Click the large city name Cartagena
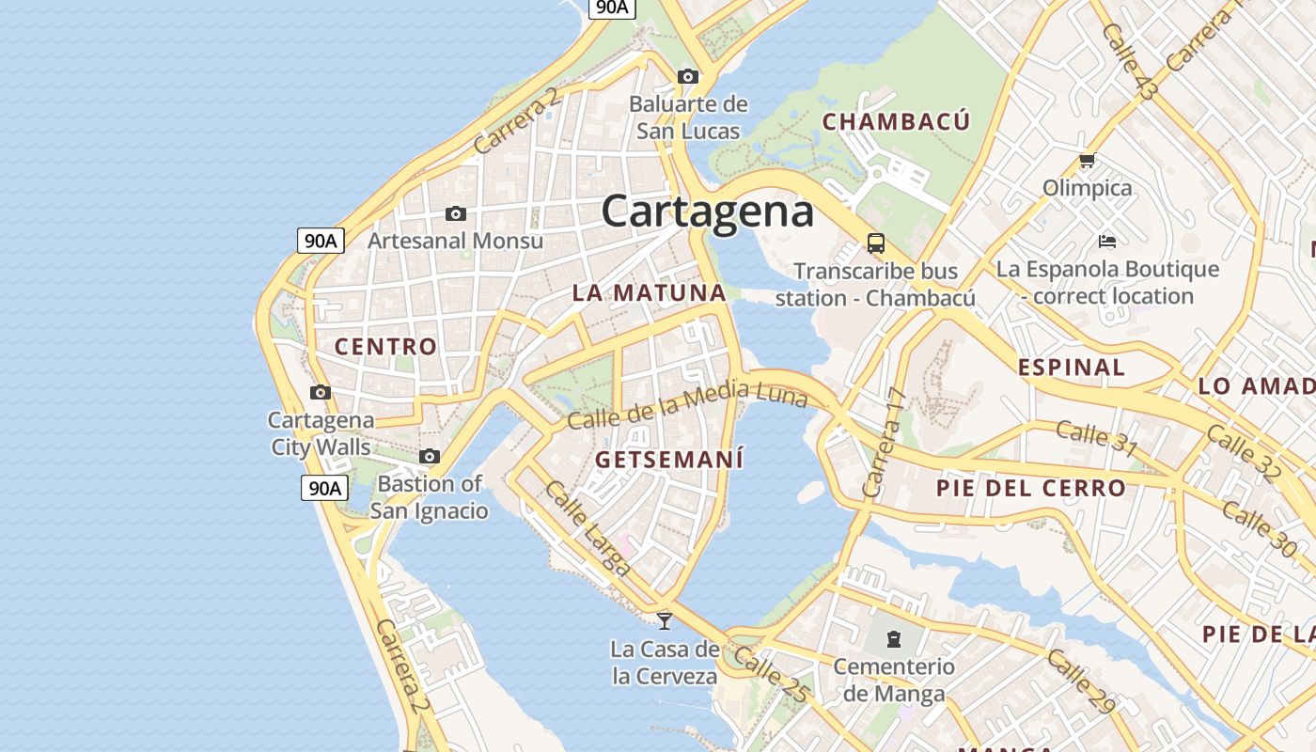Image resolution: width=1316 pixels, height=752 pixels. pos(707,210)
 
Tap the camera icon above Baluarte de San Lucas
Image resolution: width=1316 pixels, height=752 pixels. pos(688,76)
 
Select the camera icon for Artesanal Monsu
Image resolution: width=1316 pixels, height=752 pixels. pos(456,214)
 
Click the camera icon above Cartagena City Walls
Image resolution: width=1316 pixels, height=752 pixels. pos(321,392)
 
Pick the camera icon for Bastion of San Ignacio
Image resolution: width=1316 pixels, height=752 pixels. pos(430,457)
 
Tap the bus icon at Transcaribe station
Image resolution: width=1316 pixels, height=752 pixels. pos(876,243)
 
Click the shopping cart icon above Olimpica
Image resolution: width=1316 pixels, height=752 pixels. pos(1088,161)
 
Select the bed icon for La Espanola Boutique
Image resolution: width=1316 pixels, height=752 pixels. pos(1107,242)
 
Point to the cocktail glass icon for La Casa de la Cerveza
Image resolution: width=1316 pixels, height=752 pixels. pos(665,620)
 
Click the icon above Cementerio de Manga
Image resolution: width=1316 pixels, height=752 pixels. pos(892,640)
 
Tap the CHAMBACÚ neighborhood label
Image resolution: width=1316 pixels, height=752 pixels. pos(896,121)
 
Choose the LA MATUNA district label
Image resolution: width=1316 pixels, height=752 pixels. pos(650,292)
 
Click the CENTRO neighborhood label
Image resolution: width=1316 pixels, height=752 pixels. pos(386,346)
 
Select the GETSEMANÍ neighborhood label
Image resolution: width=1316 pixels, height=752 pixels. pos(669,460)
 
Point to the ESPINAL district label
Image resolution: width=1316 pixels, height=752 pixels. pos(1072,368)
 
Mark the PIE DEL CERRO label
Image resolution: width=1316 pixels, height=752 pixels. pos(1030,488)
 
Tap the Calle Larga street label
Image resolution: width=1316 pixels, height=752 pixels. pos(587,527)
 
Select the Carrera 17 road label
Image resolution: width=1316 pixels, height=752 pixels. pos(882,443)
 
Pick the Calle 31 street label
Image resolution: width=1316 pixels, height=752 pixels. pos(1096,438)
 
